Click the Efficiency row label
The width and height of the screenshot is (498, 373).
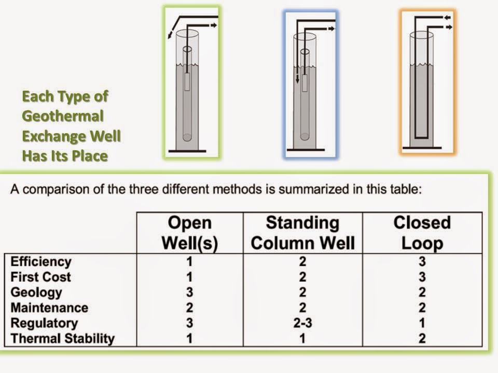(40, 262)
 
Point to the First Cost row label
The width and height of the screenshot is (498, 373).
(40, 277)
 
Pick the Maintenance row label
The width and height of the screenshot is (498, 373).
(49, 308)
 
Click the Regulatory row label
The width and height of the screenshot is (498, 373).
(44, 323)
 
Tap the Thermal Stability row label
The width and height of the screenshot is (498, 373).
(62, 339)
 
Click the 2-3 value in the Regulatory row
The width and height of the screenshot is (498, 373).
(303, 323)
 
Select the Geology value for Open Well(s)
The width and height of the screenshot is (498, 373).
(190, 292)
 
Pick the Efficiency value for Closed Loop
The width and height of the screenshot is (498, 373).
(422, 262)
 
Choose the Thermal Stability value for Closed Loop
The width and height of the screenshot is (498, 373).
(422, 339)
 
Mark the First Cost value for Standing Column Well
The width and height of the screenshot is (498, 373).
(303, 277)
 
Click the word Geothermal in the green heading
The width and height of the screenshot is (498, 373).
(63, 116)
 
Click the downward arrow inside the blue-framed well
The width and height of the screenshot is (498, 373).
(297, 79)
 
